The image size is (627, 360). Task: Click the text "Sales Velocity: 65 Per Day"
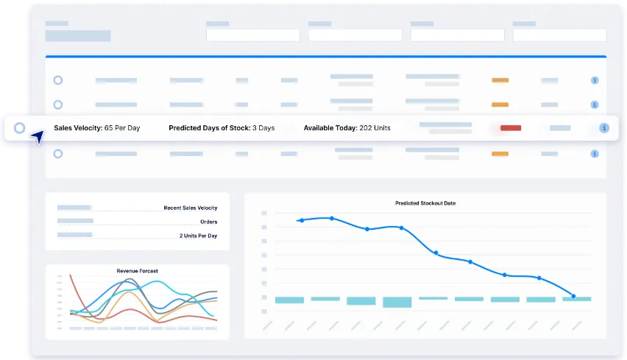pyautogui.click(x=96, y=128)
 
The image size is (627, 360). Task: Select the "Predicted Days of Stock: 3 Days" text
pyautogui.click(x=222, y=128)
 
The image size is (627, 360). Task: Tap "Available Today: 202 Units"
pyautogui.click(x=347, y=128)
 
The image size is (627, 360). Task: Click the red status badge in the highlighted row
pyautogui.click(x=511, y=128)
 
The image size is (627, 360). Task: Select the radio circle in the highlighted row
pyautogui.click(x=20, y=128)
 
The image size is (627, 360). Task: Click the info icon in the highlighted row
pyautogui.click(x=604, y=128)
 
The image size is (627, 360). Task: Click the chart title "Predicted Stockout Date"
pyautogui.click(x=425, y=203)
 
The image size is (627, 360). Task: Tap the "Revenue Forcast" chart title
pyautogui.click(x=137, y=271)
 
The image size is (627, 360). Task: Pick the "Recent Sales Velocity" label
pyautogui.click(x=191, y=208)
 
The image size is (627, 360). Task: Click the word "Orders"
pyautogui.click(x=208, y=222)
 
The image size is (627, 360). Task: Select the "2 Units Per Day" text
pyautogui.click(x=198, y=236)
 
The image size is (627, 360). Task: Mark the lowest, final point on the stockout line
pyautogui.click(x=573, y=296)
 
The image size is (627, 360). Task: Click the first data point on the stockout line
pyautogui.click(x=301, y=220)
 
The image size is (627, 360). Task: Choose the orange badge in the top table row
pyautogui.click(x=500, y=80)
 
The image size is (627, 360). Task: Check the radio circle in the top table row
pyautogui.click(x=58, y=80)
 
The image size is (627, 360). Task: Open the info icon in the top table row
pyautogui.click(x=594, y=80)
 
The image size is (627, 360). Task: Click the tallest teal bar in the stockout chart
pyautogui.click(x=397, y=302)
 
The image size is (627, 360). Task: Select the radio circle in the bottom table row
pyautogui.click(x=58, y=154)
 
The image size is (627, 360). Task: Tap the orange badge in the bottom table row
pyautogui.click(x=500, y=154)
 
